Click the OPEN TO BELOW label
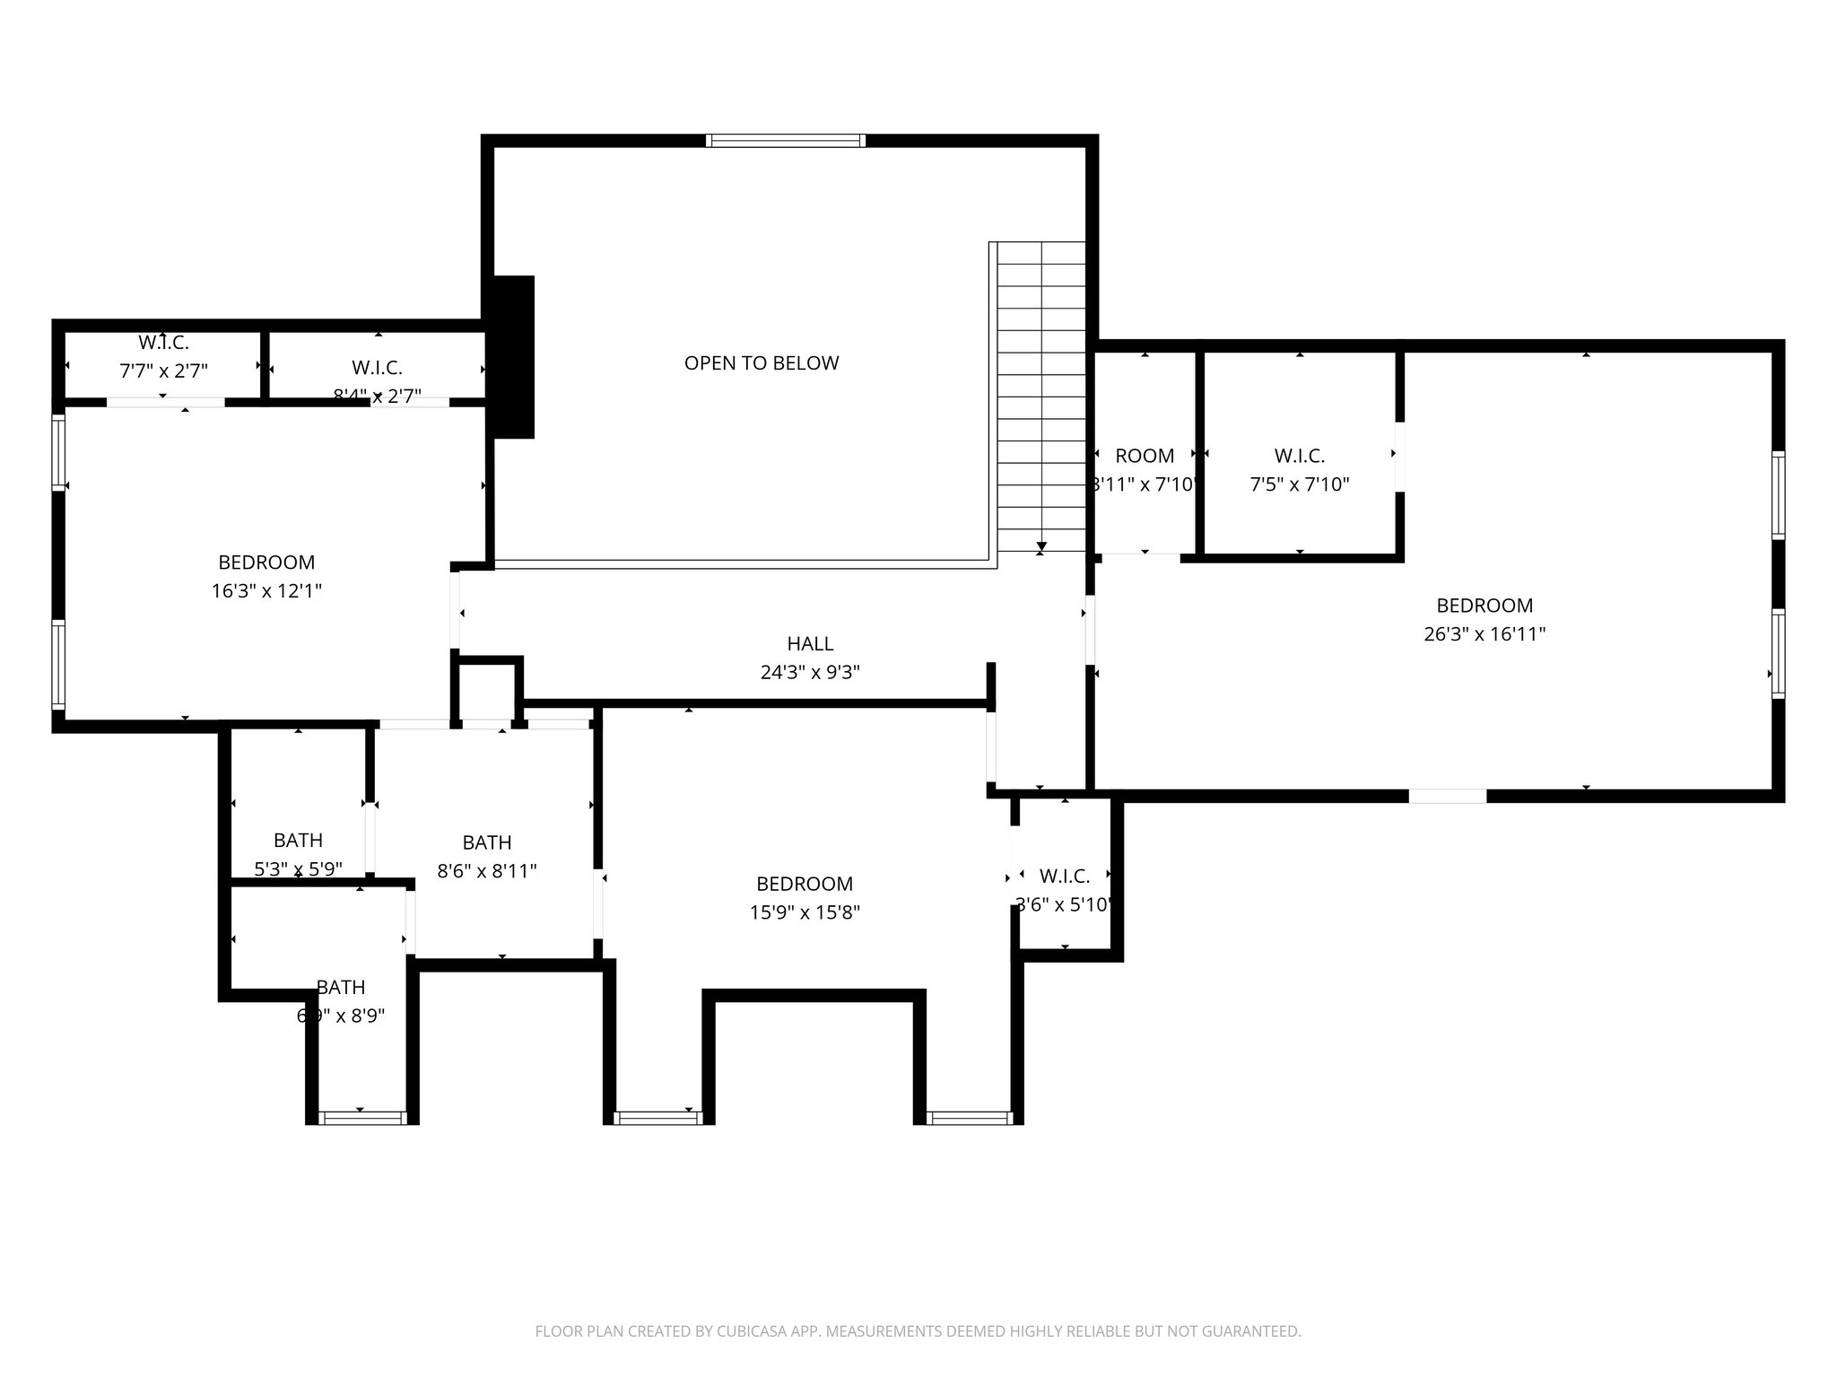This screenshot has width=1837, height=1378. point(762,363)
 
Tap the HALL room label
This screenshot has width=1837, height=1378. point(810,643)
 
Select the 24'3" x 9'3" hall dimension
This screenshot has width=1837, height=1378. point(810,672)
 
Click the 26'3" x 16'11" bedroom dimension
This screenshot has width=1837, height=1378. point(1484,634)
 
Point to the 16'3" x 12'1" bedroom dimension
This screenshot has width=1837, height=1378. point(266,591)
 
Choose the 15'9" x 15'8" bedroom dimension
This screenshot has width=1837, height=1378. point(805,912)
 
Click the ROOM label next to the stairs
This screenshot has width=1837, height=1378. point(1145,456)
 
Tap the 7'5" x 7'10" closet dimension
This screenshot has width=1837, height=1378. point(1300,484)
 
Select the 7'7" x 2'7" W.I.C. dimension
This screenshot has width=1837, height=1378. point(163,371)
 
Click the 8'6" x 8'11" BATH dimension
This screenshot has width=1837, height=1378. point(487,871)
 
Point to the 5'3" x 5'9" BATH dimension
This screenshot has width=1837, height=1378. point(298,868)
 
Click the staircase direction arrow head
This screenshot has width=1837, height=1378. point(1041,545)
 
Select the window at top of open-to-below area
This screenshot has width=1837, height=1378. point(786,141)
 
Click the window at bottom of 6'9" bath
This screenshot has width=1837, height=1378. point(362,1118)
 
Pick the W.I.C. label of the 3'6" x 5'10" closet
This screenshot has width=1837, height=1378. point(1065,877)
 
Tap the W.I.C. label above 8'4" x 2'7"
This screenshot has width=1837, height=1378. point(377,368)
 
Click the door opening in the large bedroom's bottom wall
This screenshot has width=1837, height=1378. point(1447,796)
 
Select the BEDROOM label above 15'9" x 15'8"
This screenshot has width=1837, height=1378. point(805,884)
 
